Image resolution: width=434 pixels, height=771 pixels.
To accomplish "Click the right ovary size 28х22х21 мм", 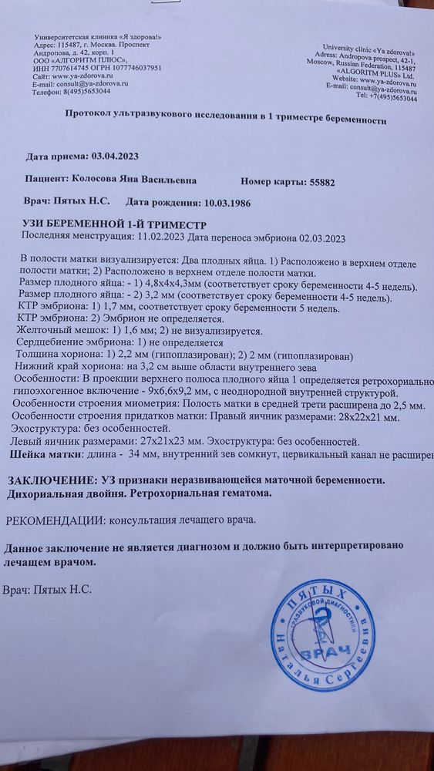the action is click(369, 417).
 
